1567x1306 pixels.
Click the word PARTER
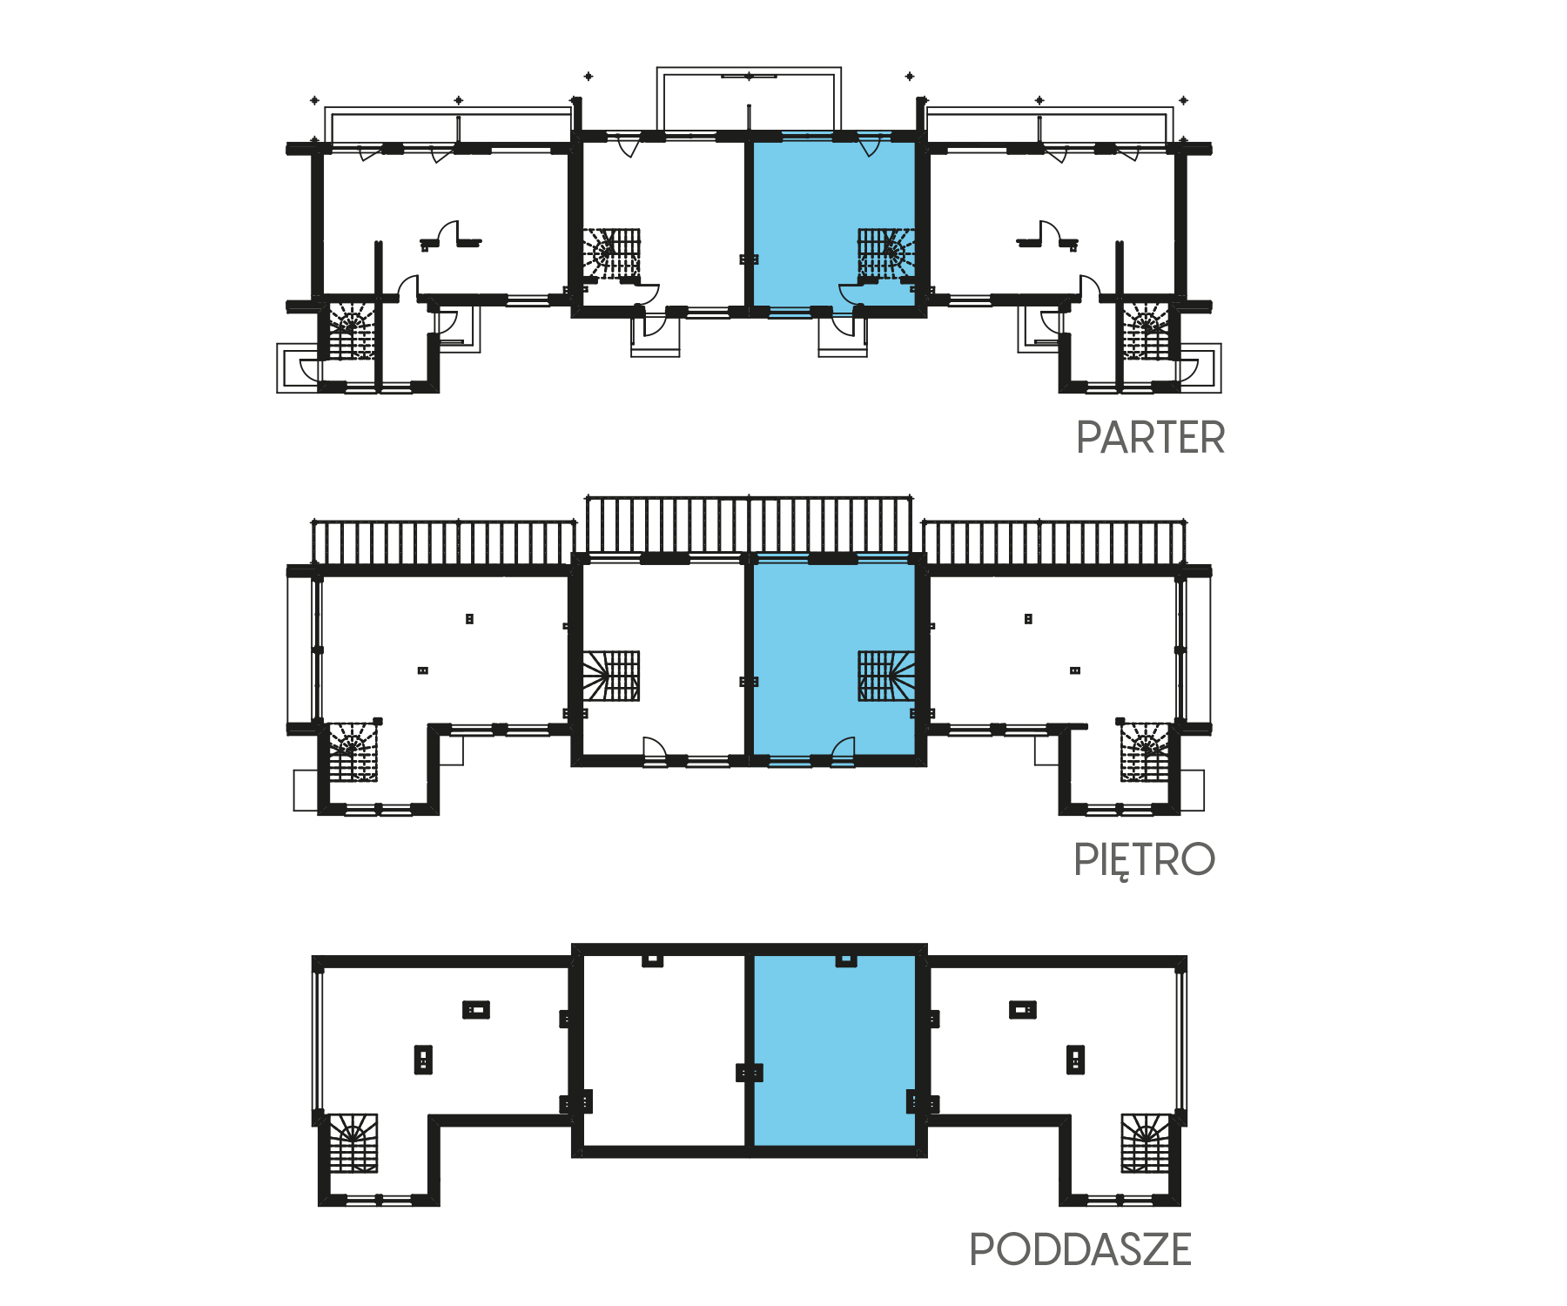[1150, 437]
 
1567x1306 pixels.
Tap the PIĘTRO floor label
[1144, 860]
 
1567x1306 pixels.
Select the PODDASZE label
[1079, 1249]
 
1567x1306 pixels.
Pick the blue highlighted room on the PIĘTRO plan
[834, 657]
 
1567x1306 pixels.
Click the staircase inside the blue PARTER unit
[886, 255]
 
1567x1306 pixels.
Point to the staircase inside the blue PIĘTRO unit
[886, 676]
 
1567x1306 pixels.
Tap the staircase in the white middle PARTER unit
[611, 255]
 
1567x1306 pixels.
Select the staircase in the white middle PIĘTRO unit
[611, 676]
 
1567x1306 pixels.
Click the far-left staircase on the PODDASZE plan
[353, 1142]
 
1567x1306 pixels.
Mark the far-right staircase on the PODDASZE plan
[1146, 1142]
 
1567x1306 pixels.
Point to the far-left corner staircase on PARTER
[352, 330]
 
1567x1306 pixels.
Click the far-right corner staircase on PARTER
[1147, 330]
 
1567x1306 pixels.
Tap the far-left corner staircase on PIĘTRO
[353, 751]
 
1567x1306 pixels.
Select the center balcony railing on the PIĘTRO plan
[750, 523]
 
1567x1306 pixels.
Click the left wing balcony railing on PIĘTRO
[443, 542]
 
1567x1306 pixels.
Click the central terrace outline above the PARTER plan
[749, 70]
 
